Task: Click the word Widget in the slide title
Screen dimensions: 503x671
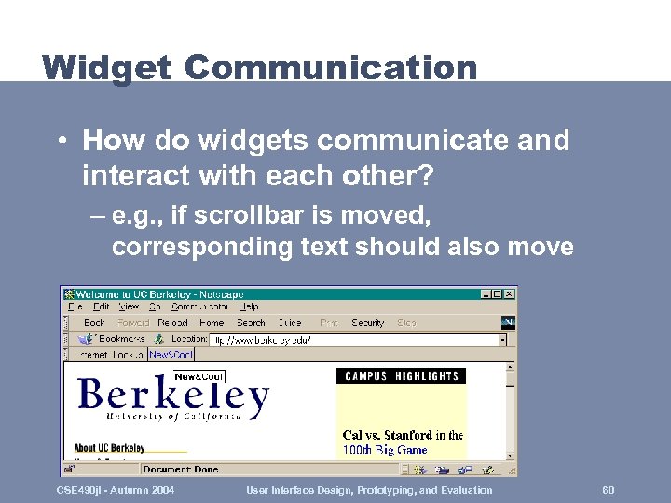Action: click(x=106, y=68)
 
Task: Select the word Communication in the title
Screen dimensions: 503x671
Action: click(x=331, y=68)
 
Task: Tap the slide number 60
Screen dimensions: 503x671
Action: click(x=609, y=490)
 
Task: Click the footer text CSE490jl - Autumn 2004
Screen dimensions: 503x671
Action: click(x=116, y=490)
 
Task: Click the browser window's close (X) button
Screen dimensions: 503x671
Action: click(x=509, y=293)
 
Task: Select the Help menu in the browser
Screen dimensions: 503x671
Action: click(x=248, y=306)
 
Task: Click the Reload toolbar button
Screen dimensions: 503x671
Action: click(x=172, y=323)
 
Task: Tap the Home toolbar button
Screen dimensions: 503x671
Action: click(x=212, y=323)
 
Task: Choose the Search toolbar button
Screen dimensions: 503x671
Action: click(x=251, y=323)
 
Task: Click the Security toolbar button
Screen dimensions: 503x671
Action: click(x=368, y=323)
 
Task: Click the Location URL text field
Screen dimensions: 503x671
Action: click(x=354, y=340)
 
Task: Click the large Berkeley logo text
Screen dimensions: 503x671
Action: click(x=173, y=397)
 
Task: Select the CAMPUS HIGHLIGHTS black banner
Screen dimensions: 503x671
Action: click(x=402, y=376)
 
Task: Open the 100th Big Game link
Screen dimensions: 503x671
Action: click(x=384, y=450)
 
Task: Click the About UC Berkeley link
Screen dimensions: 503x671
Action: click(x=109, y=448)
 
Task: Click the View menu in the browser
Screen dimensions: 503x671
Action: click(x=129, y=306)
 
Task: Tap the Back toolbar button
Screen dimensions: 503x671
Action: click(x=94, y=323)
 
